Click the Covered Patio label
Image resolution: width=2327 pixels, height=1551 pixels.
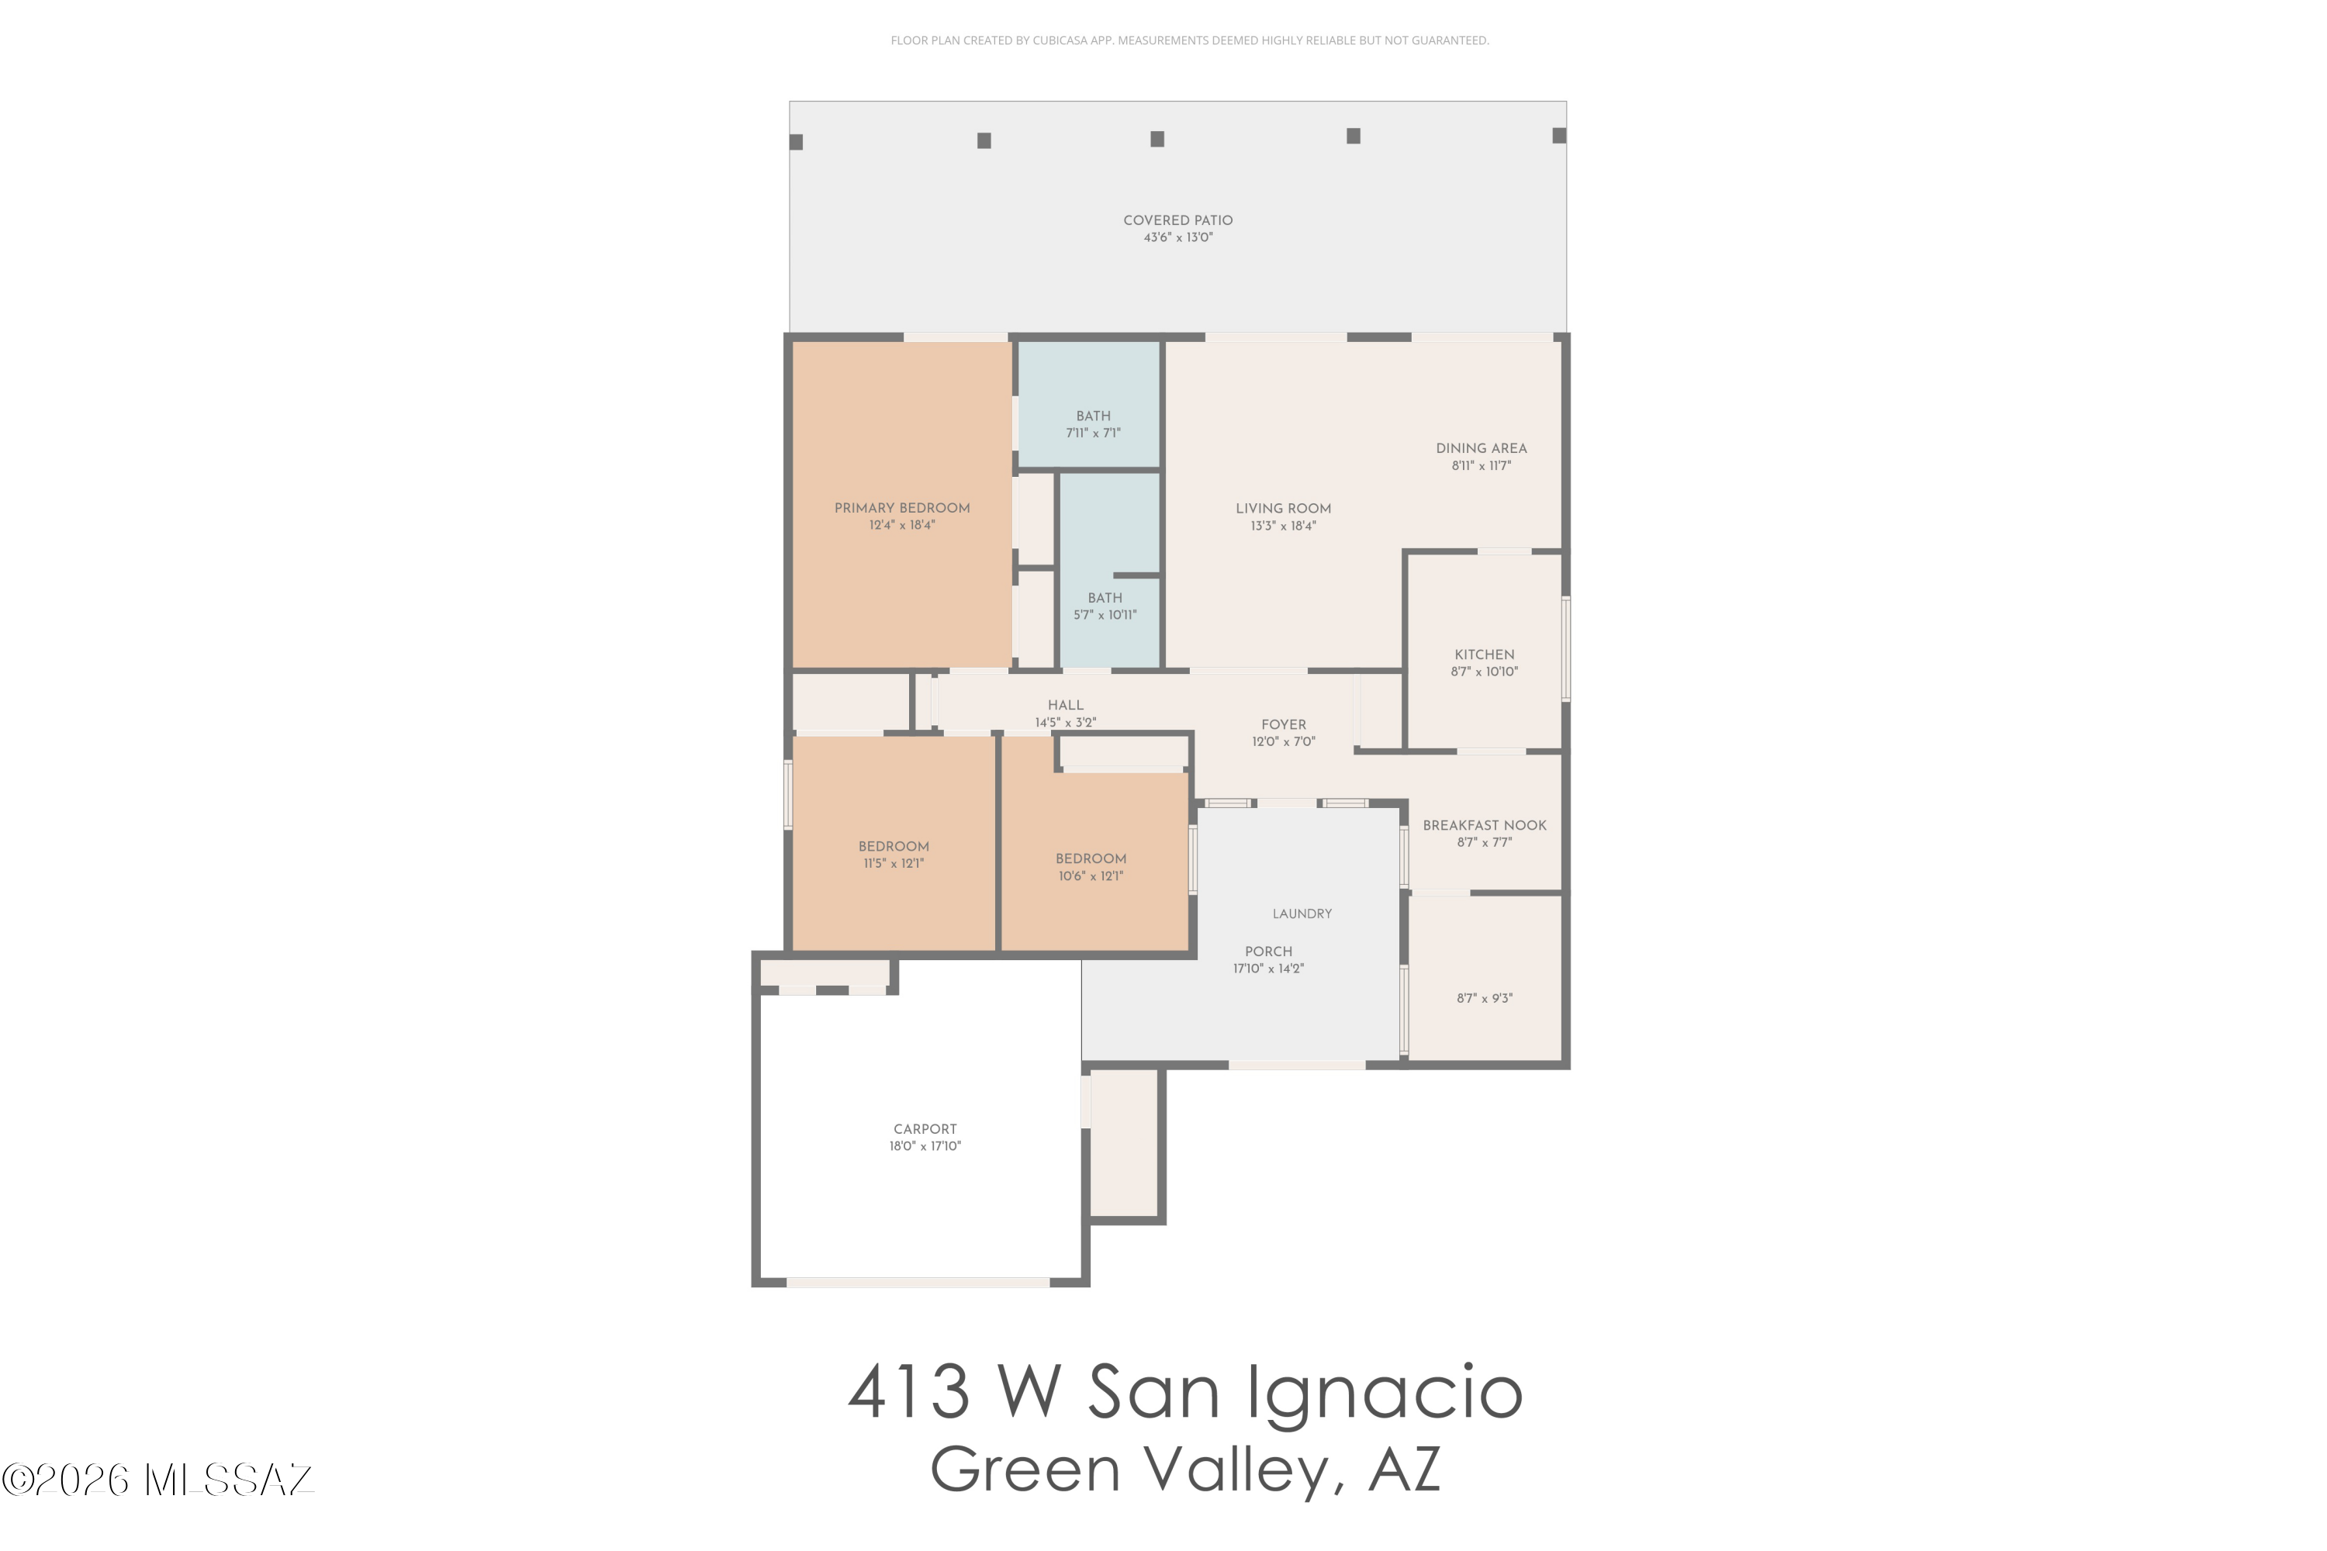pyautogui.click(x=1177, y=220)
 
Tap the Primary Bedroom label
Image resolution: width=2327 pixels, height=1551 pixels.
pyautogui.click(x=901, y=509)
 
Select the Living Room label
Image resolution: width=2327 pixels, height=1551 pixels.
pyautogui.click(x=1283, y=510)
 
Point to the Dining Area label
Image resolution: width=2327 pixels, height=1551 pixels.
pyautogui.click(x=1481, y=449)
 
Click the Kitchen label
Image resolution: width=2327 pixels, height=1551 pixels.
pyautogui.click(x=1484, y=655)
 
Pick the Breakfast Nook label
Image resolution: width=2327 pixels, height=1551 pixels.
pyautogui.click(x=1484, y=826)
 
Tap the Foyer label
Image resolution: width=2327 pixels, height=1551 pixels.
pyautogui.click(x=1283, y=725)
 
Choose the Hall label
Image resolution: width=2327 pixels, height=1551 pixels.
pyautogui.click(x=1066, y=705)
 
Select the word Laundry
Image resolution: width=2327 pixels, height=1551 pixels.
pyautogui.click(x=1302, y=914)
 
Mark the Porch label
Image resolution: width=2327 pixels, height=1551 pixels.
pyautogui.click(x=1268, y=952)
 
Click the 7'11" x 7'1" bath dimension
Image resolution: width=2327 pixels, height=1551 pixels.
pyautogui.click(x=1093, y=434)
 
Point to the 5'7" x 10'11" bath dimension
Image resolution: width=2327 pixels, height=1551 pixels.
pyautogui.click(x=1105, y=615)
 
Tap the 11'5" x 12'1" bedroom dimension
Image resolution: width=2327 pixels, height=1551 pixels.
pyautogui.click(x=894, y=864)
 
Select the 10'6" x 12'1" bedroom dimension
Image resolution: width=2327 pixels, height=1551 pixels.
pyautogui.click(x=1091, y=876)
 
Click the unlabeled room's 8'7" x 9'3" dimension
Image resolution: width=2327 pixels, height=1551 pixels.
pyautogui.click(x=1484, y=999)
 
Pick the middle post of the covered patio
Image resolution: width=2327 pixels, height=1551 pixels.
pyautogui.click(x=1157, y=140)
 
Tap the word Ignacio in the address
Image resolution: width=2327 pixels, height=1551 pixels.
pyautogui.click(x=1383, y=1393)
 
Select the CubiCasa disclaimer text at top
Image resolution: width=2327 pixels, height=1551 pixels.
pyautogui.click(x=1189, y=40)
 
